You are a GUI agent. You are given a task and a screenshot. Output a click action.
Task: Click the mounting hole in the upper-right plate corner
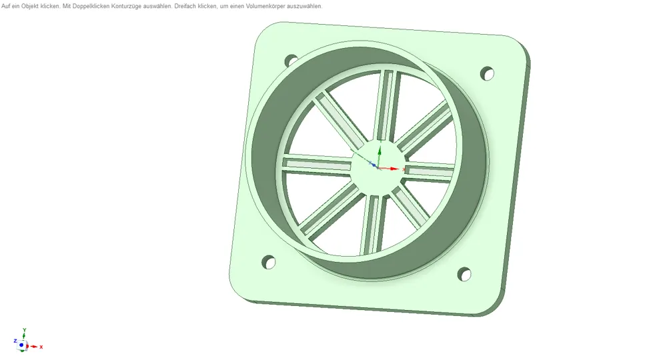487,73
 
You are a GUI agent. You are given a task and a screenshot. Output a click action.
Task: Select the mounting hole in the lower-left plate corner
268,262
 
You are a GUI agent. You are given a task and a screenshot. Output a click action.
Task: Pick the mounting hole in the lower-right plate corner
464,274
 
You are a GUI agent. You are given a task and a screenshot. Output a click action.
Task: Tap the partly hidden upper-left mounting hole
291,61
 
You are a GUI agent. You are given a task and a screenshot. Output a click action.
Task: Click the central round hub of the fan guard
378,168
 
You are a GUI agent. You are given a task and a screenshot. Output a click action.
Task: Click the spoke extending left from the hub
317,165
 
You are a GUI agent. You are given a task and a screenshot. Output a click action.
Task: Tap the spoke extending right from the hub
430,172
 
